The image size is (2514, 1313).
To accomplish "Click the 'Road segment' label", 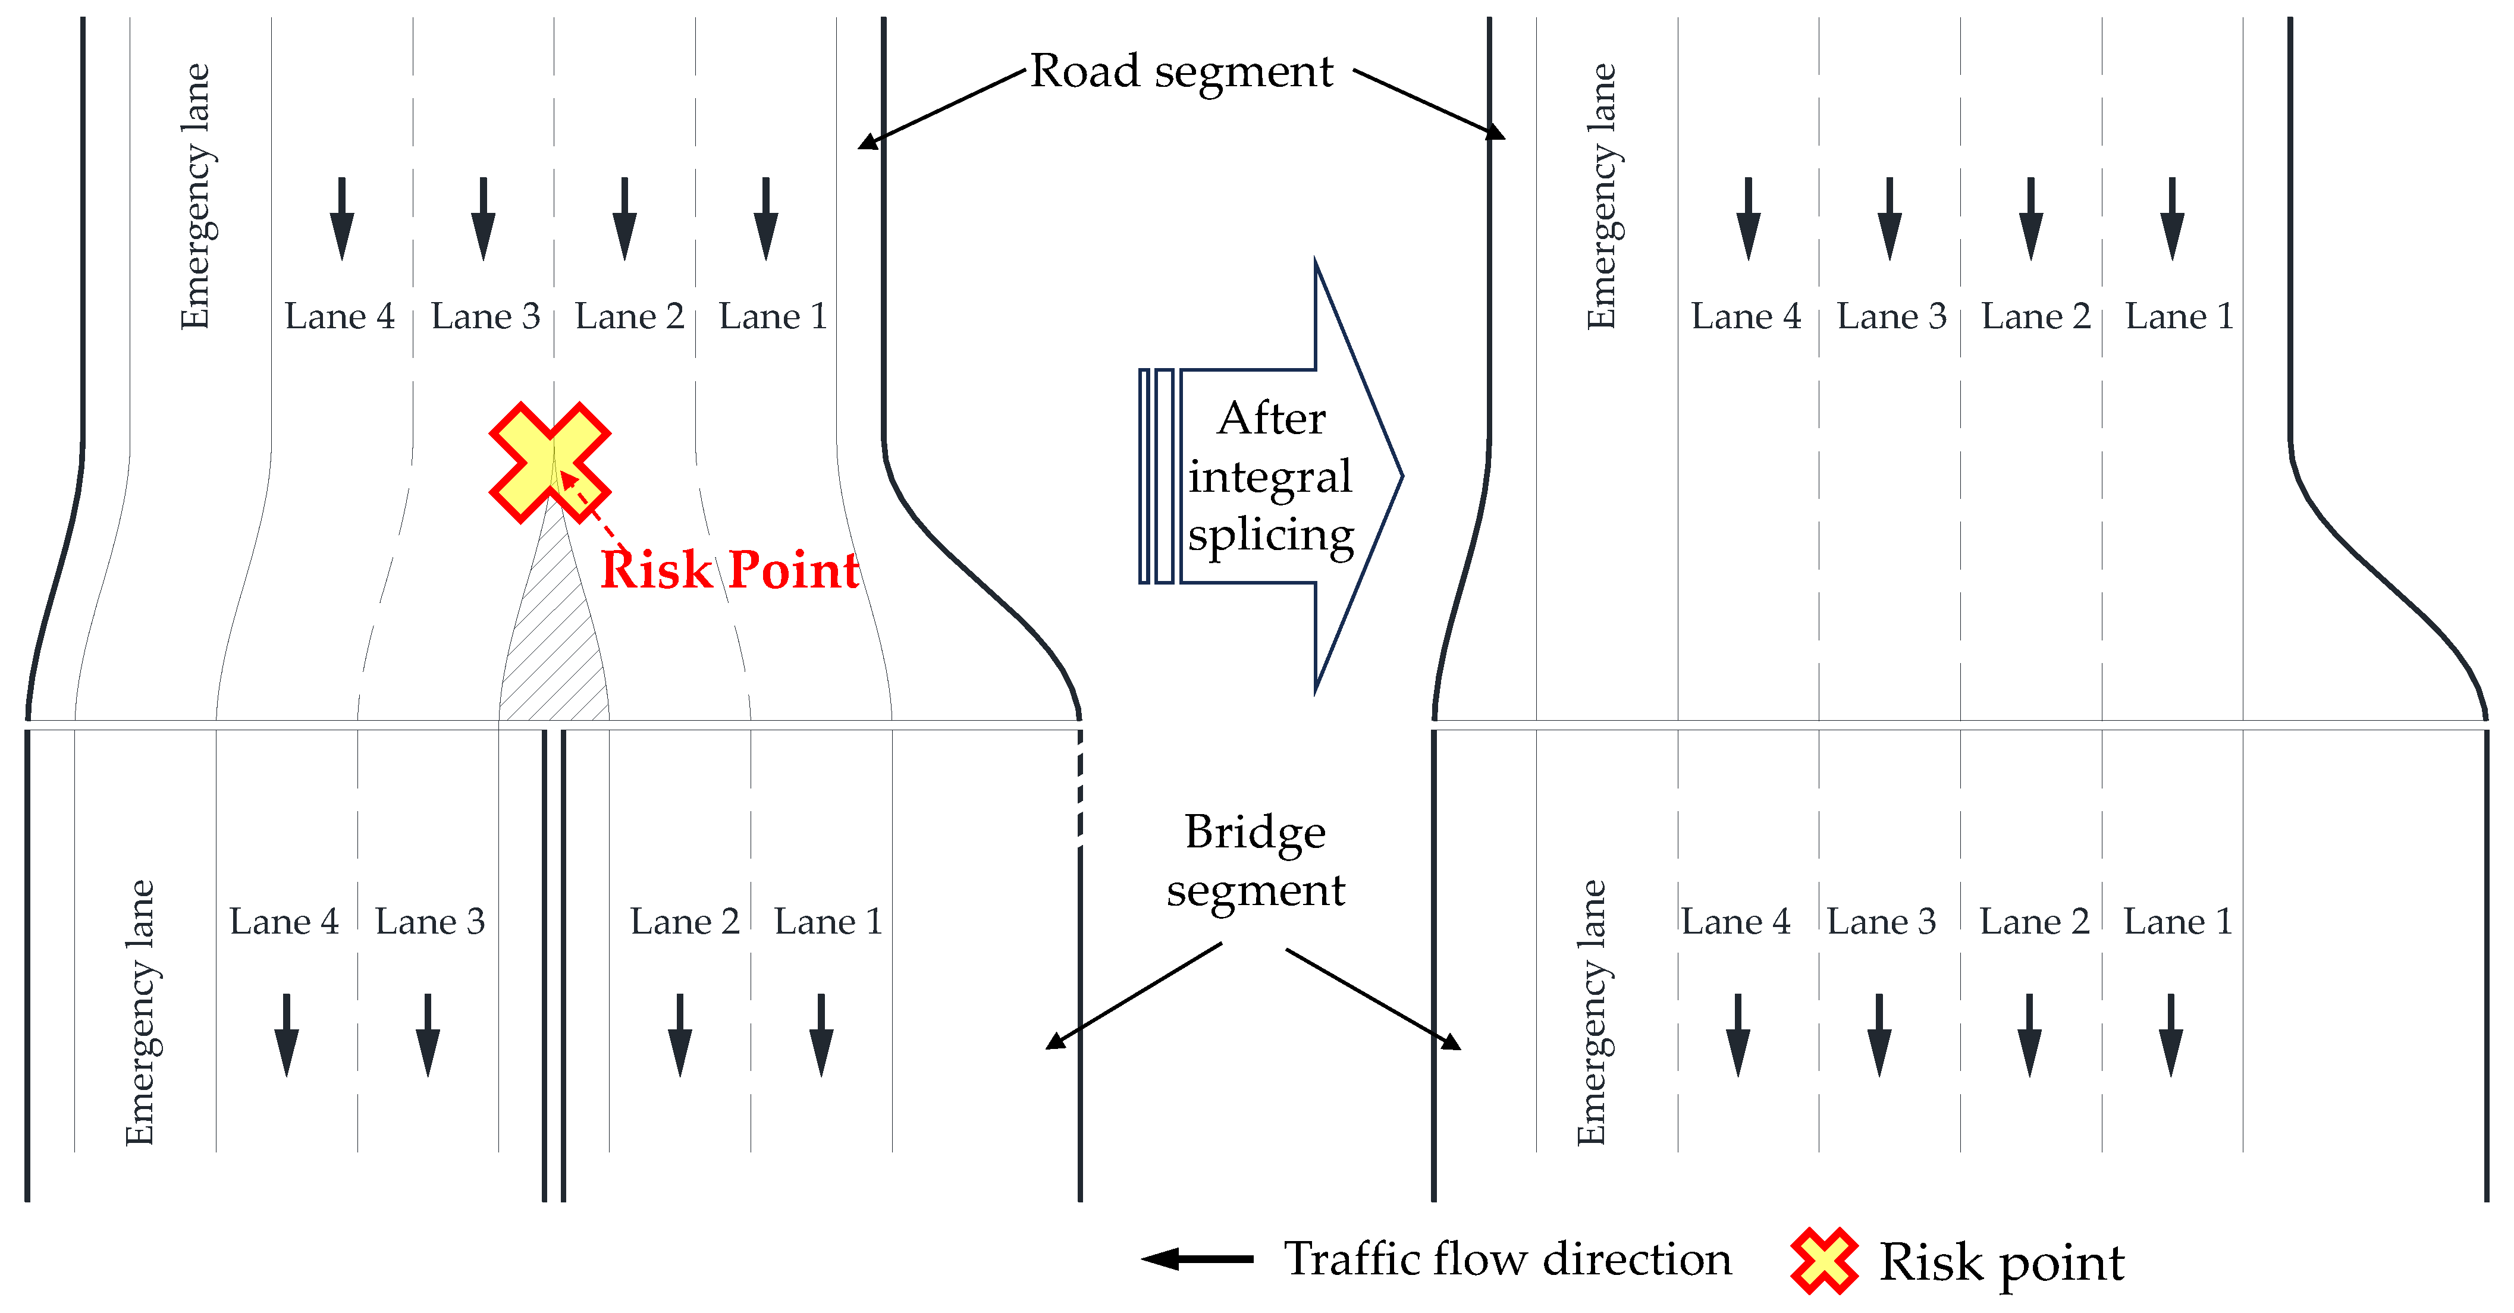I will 1181,71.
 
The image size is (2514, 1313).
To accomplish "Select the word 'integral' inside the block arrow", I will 1270,477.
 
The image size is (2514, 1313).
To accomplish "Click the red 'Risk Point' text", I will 729,570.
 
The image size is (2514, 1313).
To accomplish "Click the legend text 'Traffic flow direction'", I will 1507,1259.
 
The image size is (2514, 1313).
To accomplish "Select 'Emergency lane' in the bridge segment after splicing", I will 1591,1013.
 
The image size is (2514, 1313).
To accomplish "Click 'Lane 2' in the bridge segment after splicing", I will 2034,922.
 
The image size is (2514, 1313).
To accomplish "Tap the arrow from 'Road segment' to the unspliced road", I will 941,109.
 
